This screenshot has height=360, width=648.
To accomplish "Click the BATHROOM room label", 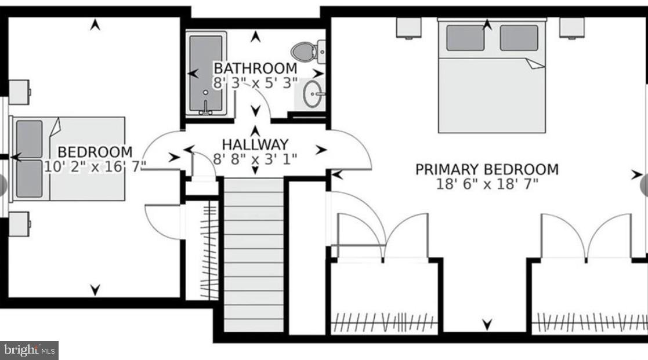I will [x=255, y=68].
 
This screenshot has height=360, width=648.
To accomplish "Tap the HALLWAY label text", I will [x=255, y=144].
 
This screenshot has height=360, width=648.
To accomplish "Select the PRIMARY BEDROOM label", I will [x=487, y=169].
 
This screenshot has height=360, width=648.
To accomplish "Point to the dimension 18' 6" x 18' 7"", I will [x=487, y=184].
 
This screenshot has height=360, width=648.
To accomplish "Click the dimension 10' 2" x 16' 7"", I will [x=95, y=166].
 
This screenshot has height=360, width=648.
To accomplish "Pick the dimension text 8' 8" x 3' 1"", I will [x=255, y=158].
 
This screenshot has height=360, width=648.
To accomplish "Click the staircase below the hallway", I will [x=254, y=255].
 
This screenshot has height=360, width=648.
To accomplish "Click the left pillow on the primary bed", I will [x=465, y=38].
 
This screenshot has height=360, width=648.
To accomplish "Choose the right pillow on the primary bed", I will [x=519, y=38].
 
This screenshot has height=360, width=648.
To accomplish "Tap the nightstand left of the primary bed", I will [x=409, y=27].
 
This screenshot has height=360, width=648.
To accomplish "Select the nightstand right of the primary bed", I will [x=572, y=27].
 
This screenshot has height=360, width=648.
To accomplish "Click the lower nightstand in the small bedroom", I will [x=19, y=224].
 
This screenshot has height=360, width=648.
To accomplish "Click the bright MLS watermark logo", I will [x=30, y=350].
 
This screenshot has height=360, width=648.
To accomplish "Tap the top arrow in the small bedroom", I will [x=95, y=24].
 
